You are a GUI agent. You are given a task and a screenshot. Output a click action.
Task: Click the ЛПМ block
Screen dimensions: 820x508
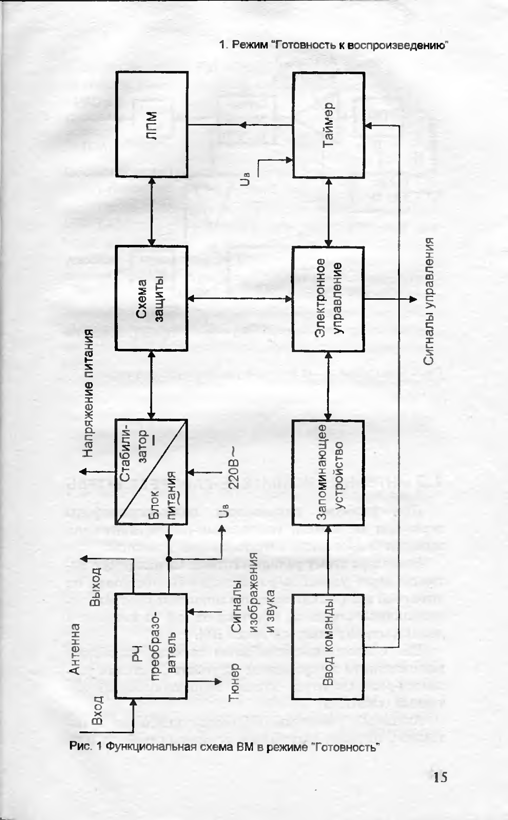click(152, 124)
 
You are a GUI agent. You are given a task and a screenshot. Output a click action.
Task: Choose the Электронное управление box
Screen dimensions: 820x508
click(328, 299)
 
